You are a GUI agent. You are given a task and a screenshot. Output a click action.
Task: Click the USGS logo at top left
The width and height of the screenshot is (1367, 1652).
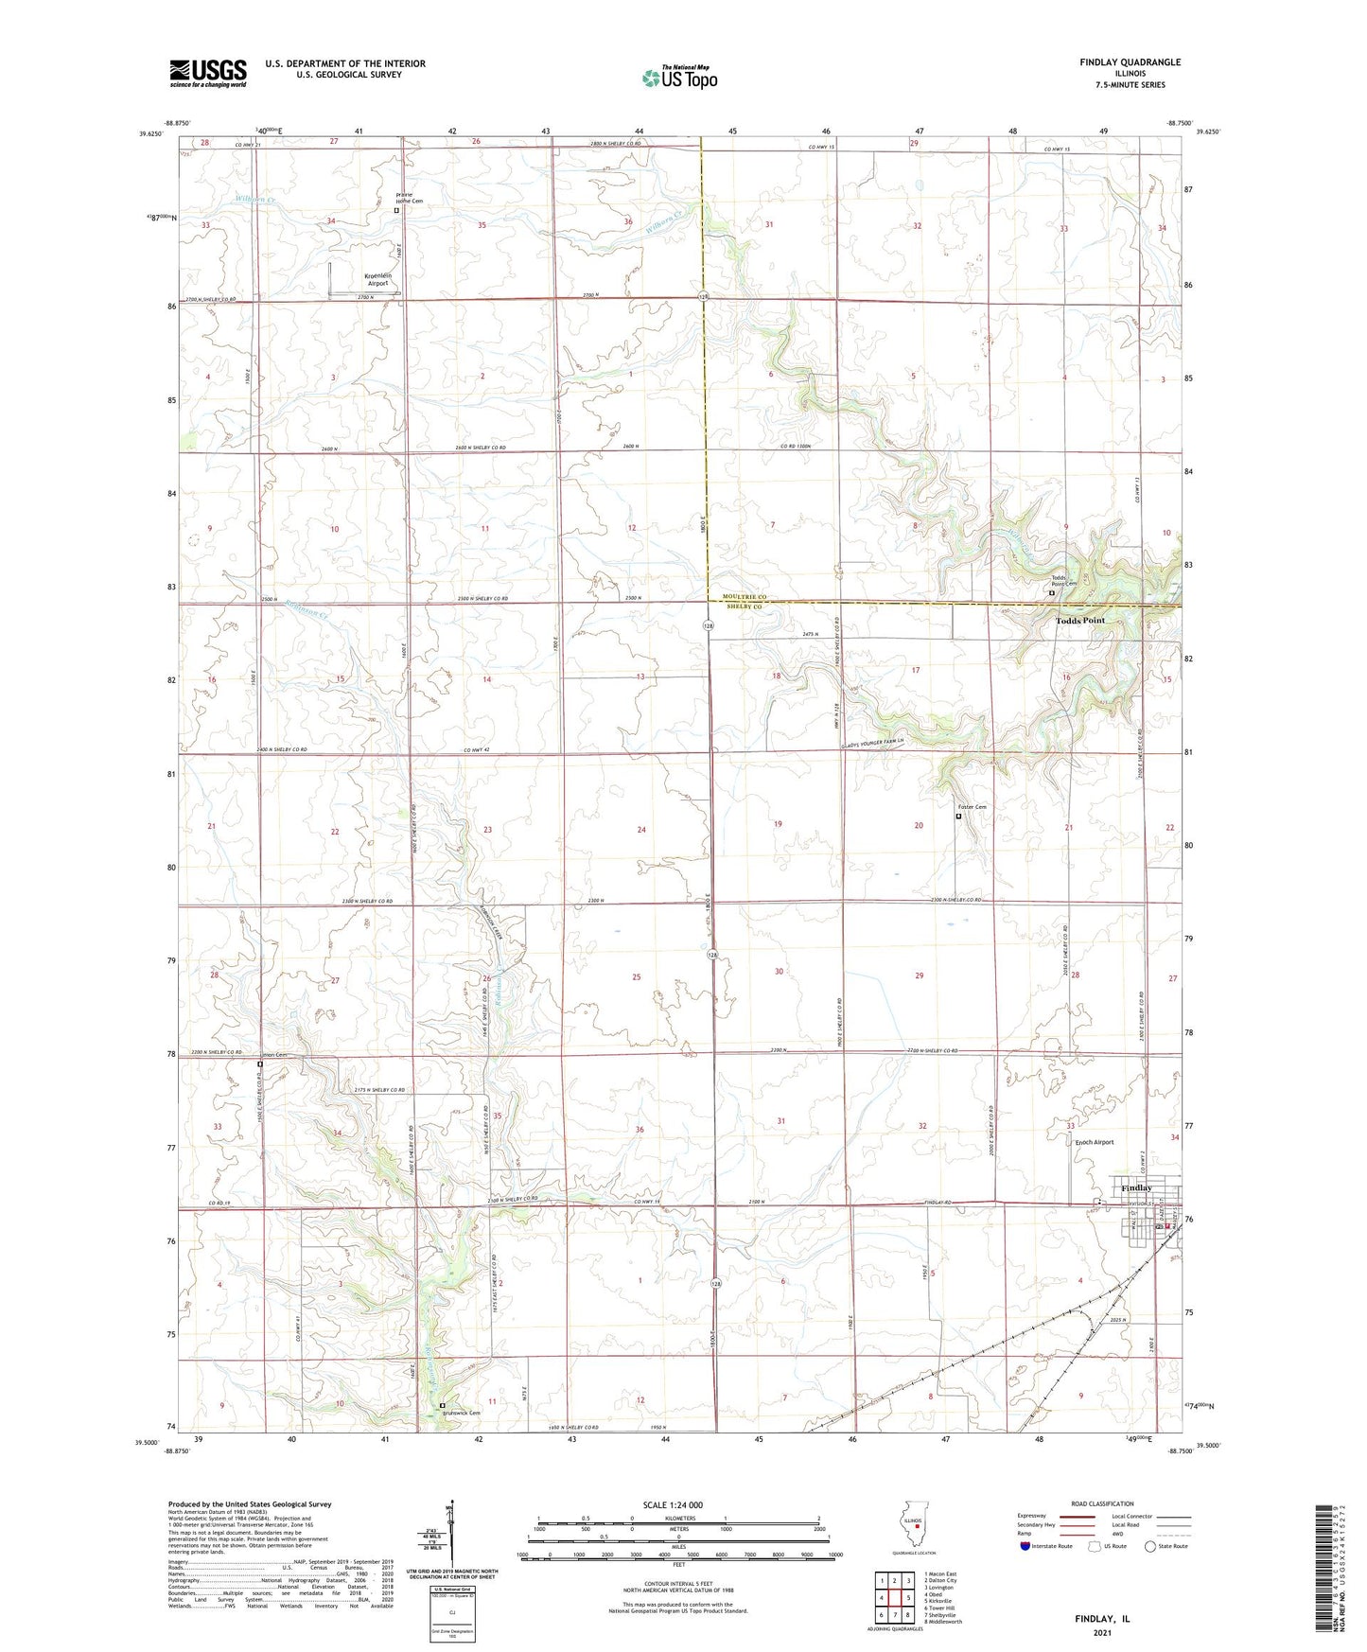click(x=208, y=73)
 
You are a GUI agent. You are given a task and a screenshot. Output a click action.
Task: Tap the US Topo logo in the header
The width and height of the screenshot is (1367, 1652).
click(x=679, y=78)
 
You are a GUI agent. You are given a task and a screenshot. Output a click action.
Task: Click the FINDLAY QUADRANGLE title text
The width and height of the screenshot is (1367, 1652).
click(x=1130, y=62)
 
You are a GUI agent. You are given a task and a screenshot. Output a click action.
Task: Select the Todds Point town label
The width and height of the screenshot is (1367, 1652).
click(x=1079, y=621)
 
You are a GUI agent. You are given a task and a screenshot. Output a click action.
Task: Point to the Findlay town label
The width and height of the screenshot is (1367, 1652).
click(x=1136, y=1187)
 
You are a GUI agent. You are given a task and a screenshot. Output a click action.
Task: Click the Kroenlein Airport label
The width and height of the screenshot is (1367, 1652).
click(x=378, y=279)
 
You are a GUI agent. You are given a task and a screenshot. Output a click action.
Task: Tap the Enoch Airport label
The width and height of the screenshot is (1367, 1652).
click(x=1095, y=1142)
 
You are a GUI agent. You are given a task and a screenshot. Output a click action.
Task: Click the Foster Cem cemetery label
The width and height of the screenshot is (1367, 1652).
click(x=972, y=807)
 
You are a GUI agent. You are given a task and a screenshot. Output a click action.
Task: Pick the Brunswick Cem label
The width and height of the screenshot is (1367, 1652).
click(x=460, y=1414)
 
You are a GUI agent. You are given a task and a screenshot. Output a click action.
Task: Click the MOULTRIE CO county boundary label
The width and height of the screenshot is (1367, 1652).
click(x=746, y=597)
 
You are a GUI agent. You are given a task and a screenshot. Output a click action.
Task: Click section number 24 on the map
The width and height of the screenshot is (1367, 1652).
click(x=641, y=830)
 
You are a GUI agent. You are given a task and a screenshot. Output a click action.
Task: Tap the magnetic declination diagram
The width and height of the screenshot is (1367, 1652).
click(x=453, y=1535)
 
